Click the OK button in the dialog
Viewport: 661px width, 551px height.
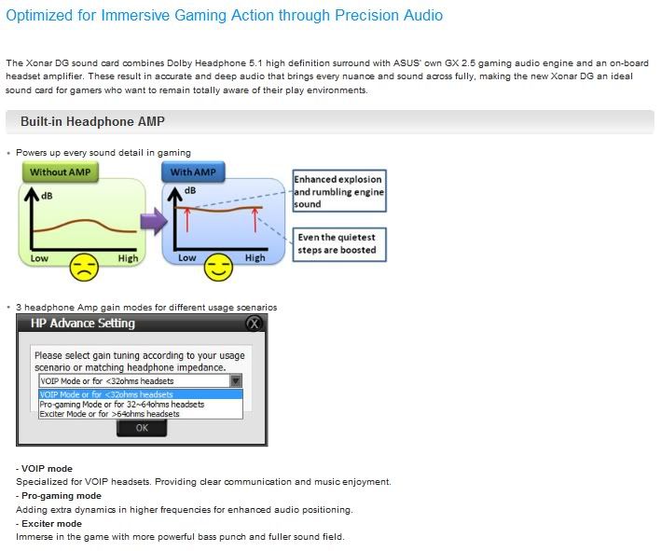pos(142,428)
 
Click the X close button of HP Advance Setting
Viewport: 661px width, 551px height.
pos(254,324)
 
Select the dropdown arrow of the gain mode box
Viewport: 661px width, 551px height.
pos(236,380)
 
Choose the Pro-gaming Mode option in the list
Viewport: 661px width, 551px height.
pos(122,405)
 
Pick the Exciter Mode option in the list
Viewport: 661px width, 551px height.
pos(110,414)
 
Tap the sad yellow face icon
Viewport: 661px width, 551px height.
pos(84,268)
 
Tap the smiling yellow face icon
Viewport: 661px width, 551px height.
pos(218,268)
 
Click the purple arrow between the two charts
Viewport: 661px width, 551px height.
pos(154,221)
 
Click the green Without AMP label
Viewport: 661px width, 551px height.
pos(61,172)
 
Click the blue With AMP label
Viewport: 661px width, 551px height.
pos(193,172)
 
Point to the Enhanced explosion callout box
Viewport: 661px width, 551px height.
pos(339,191)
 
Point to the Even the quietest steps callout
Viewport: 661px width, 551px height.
pos(339,244)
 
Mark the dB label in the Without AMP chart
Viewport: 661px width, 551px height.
pos(47,196)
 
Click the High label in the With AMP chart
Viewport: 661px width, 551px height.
pos(255,257)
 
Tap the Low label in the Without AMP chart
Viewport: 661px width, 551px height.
pos(39,258)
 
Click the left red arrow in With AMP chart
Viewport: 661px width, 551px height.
pos(187,219)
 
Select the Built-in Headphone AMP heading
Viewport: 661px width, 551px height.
pos(92,121)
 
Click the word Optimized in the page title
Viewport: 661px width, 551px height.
pos(40,16)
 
